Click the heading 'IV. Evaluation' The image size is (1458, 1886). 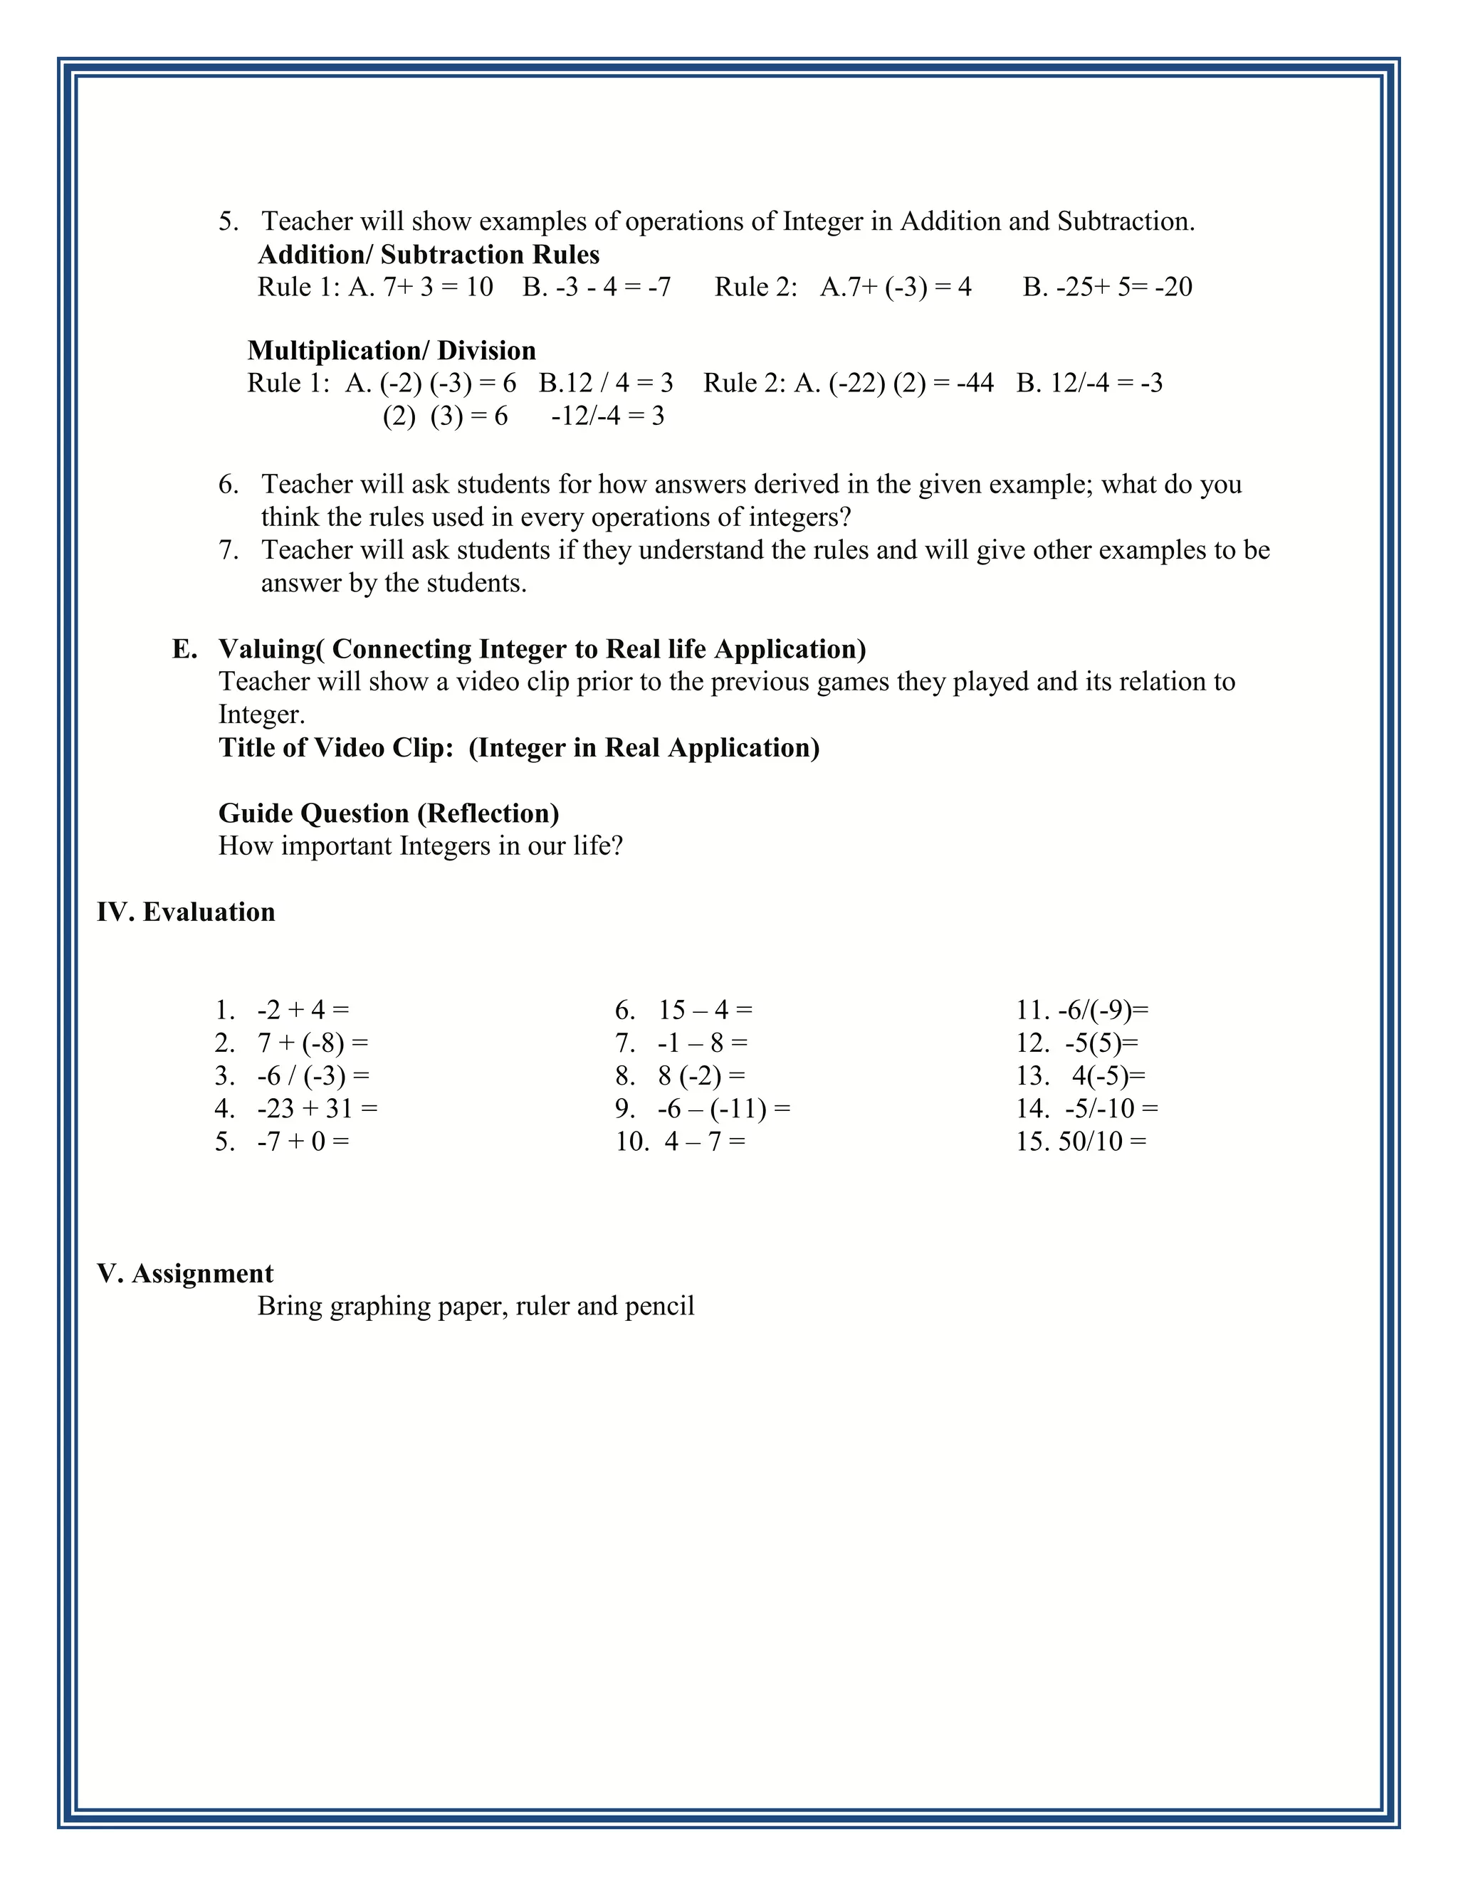pos(186,912)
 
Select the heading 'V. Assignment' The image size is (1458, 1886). pos(185,1273)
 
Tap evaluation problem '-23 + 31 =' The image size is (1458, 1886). pos(317,1108)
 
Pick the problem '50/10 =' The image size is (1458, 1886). pos(1102,1142)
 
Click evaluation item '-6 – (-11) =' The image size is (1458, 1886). pos(723,1108)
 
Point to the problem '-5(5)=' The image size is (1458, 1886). pos(1101,1043)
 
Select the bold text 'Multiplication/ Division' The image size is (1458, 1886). pos(392,351)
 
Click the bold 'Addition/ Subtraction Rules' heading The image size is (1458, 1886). pos(429,255)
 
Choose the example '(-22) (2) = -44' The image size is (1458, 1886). pos(911,383)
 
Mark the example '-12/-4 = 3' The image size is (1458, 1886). pos(607,416)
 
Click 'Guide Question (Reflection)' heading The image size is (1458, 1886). pos(389,813)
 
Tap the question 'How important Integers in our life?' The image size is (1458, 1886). pos(421,845)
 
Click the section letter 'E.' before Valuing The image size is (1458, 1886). pos(184,648)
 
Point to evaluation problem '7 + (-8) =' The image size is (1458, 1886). pos(313,1043)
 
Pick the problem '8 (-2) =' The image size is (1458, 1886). pos(701,1075)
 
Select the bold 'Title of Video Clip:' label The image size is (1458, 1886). pos(336,747)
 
